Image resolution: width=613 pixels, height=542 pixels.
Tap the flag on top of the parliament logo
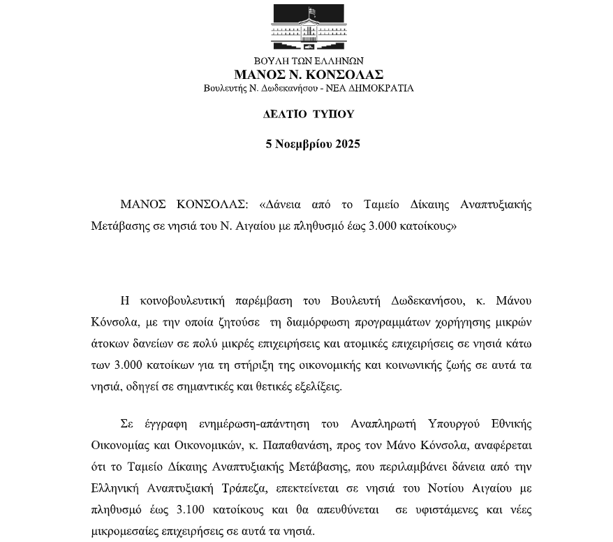311,12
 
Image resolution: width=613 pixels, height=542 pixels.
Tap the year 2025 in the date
347,145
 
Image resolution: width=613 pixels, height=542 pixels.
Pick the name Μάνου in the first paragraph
512,301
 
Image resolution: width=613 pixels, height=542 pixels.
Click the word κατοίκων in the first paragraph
184,365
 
